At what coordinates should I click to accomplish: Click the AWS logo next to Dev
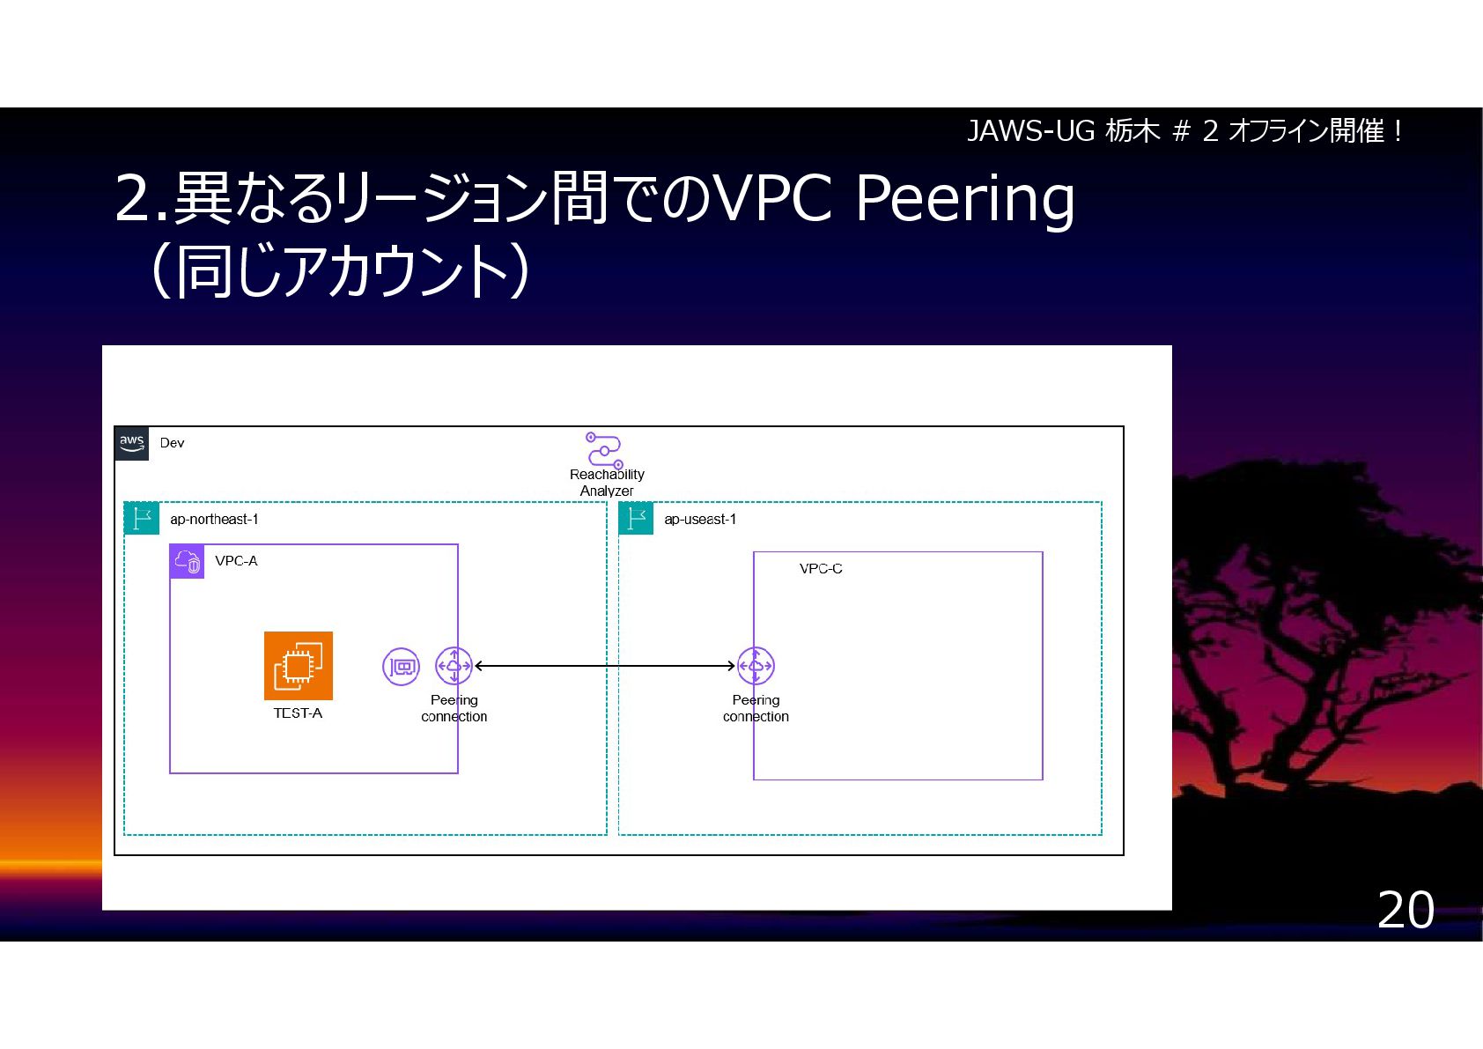132,443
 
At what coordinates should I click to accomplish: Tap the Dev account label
172,443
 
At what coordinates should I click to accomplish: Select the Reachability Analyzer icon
604,449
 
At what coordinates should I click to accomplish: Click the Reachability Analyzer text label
607,483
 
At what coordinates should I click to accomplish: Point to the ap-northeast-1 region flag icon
141,519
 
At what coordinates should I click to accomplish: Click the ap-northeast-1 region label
214,520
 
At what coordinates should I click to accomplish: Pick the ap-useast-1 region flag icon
636,519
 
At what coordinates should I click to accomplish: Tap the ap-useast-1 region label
700,520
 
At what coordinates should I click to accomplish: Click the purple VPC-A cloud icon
187,561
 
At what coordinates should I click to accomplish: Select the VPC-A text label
236,561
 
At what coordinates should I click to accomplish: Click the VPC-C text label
821,569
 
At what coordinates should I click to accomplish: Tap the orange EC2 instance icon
299,666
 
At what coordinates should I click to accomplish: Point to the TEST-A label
298,713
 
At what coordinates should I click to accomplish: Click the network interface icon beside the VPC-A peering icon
401,667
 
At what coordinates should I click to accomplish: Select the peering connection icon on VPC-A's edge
454,666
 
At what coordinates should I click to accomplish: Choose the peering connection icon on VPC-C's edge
756,666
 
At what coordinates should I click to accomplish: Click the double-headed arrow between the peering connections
605,666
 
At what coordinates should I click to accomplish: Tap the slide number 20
1406,910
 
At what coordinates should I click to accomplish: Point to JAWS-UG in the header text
1030,131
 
